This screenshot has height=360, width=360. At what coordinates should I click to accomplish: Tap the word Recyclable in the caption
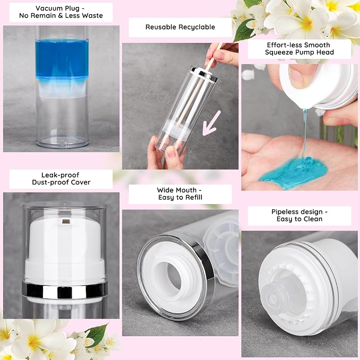[197, 27]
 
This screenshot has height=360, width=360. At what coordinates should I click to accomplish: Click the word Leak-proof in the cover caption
[60, 175]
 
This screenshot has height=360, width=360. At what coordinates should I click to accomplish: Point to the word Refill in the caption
[194, 197]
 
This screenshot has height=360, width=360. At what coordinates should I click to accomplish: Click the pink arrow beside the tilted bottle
[212, 123]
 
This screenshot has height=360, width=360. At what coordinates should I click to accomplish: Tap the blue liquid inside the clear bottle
[62, 58]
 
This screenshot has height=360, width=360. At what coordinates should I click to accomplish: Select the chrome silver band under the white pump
[65, 289]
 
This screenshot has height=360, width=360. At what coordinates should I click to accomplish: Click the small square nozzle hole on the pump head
[66, 222]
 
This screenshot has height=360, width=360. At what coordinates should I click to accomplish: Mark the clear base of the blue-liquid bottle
[63, 142]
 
